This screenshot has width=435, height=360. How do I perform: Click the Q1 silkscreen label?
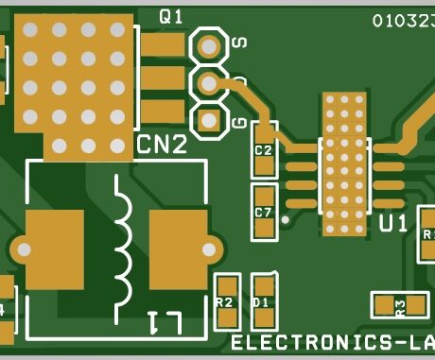[171, 15]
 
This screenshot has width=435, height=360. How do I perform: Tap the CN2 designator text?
[162, 145]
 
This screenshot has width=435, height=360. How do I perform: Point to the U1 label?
[392, 224]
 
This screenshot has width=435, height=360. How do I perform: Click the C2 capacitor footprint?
[263, 149]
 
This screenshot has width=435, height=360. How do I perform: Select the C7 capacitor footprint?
[263, 212]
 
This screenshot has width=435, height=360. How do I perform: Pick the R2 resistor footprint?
[225, 300]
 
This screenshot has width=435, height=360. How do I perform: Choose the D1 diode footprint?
[263, 300]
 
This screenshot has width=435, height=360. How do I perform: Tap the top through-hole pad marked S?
[208, 44]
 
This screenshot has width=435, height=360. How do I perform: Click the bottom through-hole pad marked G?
[208, 120]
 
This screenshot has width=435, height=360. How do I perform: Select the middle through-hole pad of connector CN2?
[208, 82]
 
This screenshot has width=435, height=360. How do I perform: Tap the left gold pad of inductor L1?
[54, 248]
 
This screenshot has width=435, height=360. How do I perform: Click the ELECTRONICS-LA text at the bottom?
[332, 342]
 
